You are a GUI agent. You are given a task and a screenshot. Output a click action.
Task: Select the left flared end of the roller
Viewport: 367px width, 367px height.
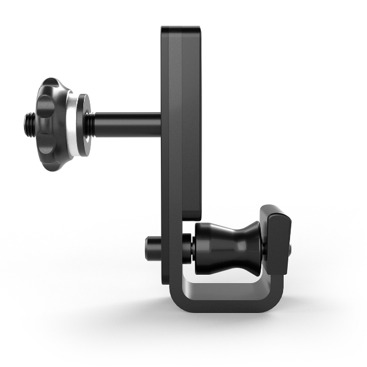coord(203,245)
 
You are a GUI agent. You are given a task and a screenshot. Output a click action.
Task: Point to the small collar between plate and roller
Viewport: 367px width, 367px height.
coord(187,247)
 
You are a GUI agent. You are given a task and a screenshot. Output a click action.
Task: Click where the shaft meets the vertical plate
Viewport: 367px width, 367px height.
coord(161,124)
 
